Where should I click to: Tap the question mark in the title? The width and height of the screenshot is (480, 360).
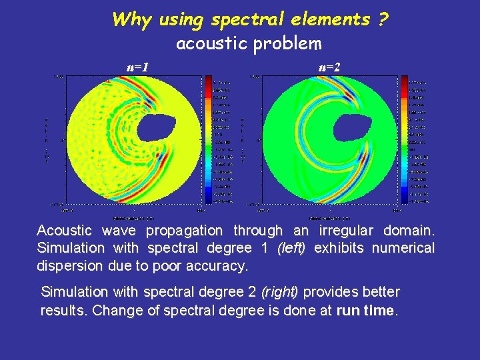[383, 19]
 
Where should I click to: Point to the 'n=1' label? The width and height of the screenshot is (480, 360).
[137, 67]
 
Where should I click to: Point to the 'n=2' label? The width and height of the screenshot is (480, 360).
[329, 67]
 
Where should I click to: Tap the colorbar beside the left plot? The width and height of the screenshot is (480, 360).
[207, 139]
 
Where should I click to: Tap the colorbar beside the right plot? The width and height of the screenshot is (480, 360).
[405, 139]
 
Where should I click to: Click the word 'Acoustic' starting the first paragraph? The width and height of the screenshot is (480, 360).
[64, 231]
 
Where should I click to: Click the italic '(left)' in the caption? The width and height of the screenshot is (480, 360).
[287, 248]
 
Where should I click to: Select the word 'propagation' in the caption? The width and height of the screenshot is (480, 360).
[184, 231]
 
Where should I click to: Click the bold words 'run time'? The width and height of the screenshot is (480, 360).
[366, 310]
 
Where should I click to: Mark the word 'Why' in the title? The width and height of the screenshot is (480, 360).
[132, 19]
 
